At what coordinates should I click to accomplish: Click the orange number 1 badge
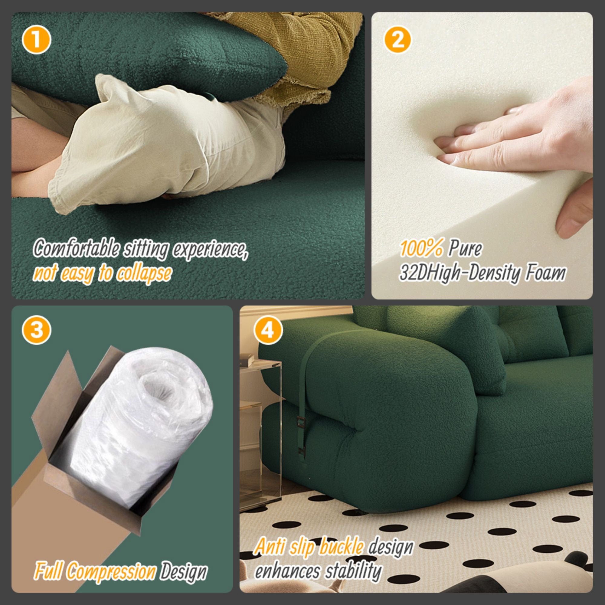(x=36, y=40)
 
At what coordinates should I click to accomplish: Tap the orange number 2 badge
(x=397, y=40)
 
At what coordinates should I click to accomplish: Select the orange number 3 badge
(x=36, y=330)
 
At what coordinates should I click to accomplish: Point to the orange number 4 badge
(x=268, y=330)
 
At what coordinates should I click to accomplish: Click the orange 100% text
(x=421, y=249)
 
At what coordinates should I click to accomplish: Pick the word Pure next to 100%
(x=465, y=249)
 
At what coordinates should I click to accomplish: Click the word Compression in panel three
(x=111, y=571)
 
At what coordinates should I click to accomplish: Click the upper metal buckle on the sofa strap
(x=301, y=422)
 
